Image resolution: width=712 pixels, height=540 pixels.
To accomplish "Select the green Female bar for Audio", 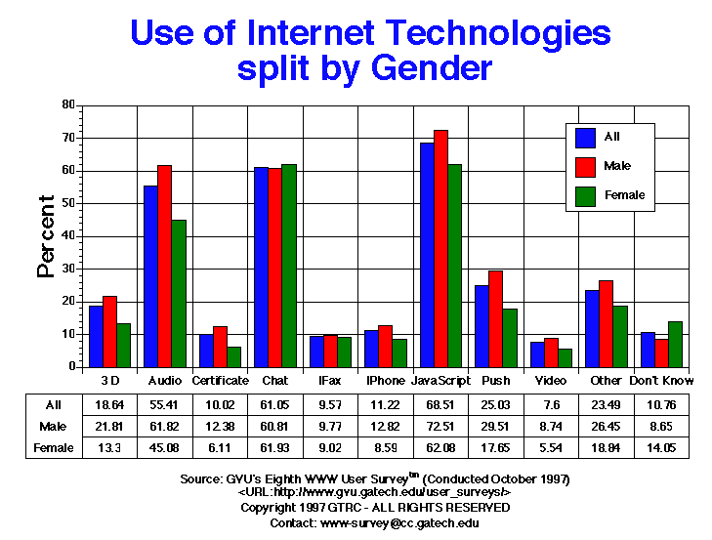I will [179, 293].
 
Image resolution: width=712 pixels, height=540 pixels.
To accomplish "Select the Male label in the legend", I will [616, 166].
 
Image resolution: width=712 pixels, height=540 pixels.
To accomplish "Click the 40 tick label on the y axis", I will [68, 236].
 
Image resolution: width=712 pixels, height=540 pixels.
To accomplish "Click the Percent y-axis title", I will [46, 236].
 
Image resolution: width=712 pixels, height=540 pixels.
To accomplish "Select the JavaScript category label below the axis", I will [440, 380].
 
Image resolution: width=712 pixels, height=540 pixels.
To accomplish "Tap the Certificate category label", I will [220, 380].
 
